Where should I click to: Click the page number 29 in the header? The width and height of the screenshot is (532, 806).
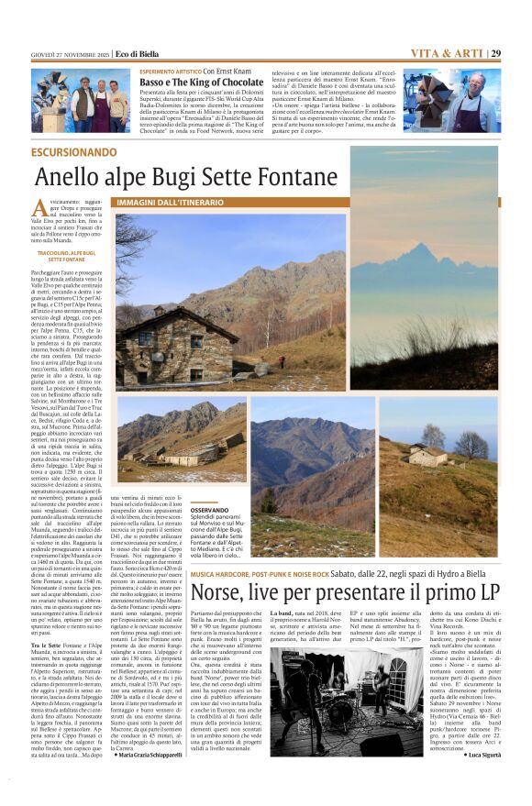(x=495, y=53)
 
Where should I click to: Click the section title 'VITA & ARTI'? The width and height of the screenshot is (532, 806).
(x=447, y=53)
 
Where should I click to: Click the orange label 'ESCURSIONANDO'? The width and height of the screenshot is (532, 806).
(x=74, y=151)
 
